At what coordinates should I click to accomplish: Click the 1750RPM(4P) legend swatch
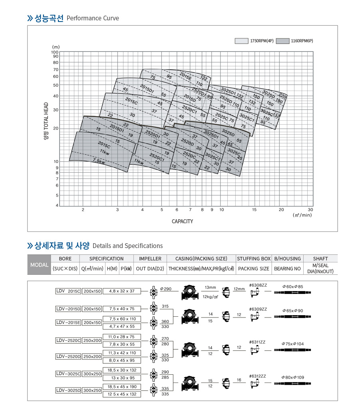tap(241, 41)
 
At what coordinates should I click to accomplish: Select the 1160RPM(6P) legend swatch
tap(282, 41)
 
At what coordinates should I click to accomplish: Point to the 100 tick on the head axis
tap(55, 52)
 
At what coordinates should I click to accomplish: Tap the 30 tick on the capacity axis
tap(310, 209)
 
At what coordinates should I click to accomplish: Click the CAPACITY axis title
tap(182, 221)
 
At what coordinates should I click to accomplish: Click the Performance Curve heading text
tap(92, 18)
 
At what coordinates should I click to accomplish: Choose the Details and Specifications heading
tap(127, 246)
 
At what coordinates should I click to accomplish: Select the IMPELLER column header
tap(150, 258)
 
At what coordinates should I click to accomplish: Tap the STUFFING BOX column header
tap(254, 258)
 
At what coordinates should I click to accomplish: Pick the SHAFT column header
tap(320, 258)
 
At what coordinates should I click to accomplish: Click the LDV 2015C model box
tap(68, 291)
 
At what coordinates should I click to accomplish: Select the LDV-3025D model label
tap(68, 390)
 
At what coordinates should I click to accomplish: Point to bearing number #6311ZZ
tap(257, 342)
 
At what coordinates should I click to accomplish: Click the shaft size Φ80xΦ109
tap(293, 377)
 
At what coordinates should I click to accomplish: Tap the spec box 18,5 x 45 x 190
tap(122, 387)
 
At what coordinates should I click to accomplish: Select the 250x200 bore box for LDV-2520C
tap(92, 340)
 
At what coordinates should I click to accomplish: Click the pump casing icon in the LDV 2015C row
tap(190, 292)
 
